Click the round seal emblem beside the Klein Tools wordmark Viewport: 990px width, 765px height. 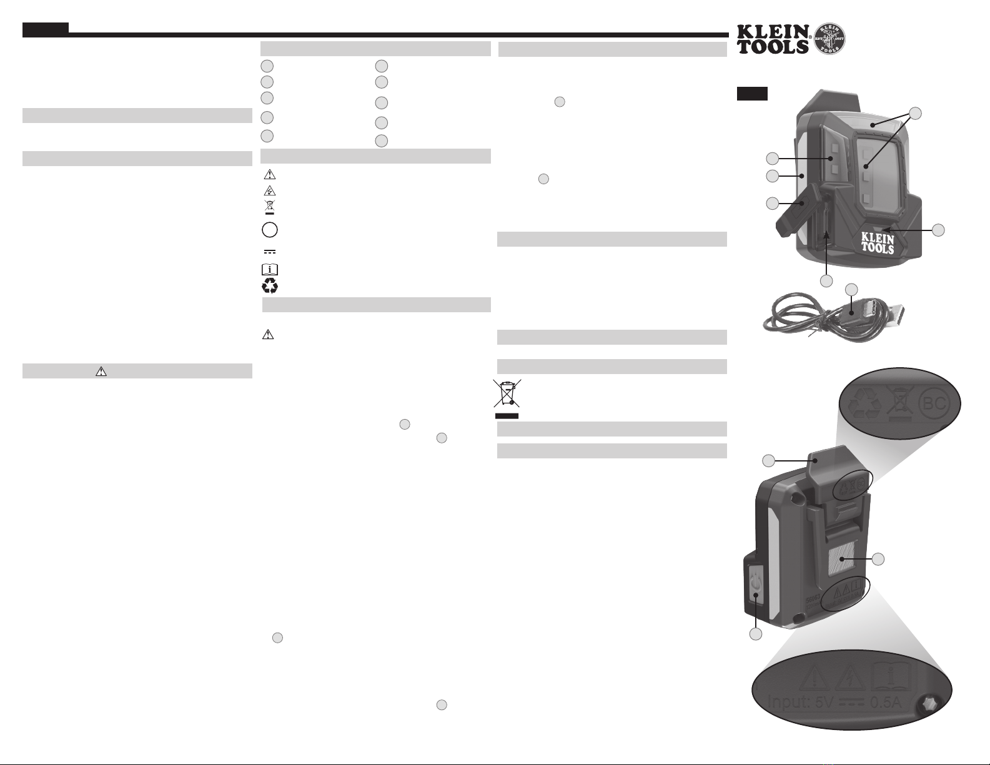829,38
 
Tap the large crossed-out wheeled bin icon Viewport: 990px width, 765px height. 507,393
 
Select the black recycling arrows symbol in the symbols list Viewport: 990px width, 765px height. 270,286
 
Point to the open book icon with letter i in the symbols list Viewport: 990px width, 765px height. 270,270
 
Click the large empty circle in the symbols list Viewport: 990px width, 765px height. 270,230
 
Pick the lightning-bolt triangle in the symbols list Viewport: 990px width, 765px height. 270,191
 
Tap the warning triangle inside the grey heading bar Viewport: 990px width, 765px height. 101,372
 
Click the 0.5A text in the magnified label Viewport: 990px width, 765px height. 886,702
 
